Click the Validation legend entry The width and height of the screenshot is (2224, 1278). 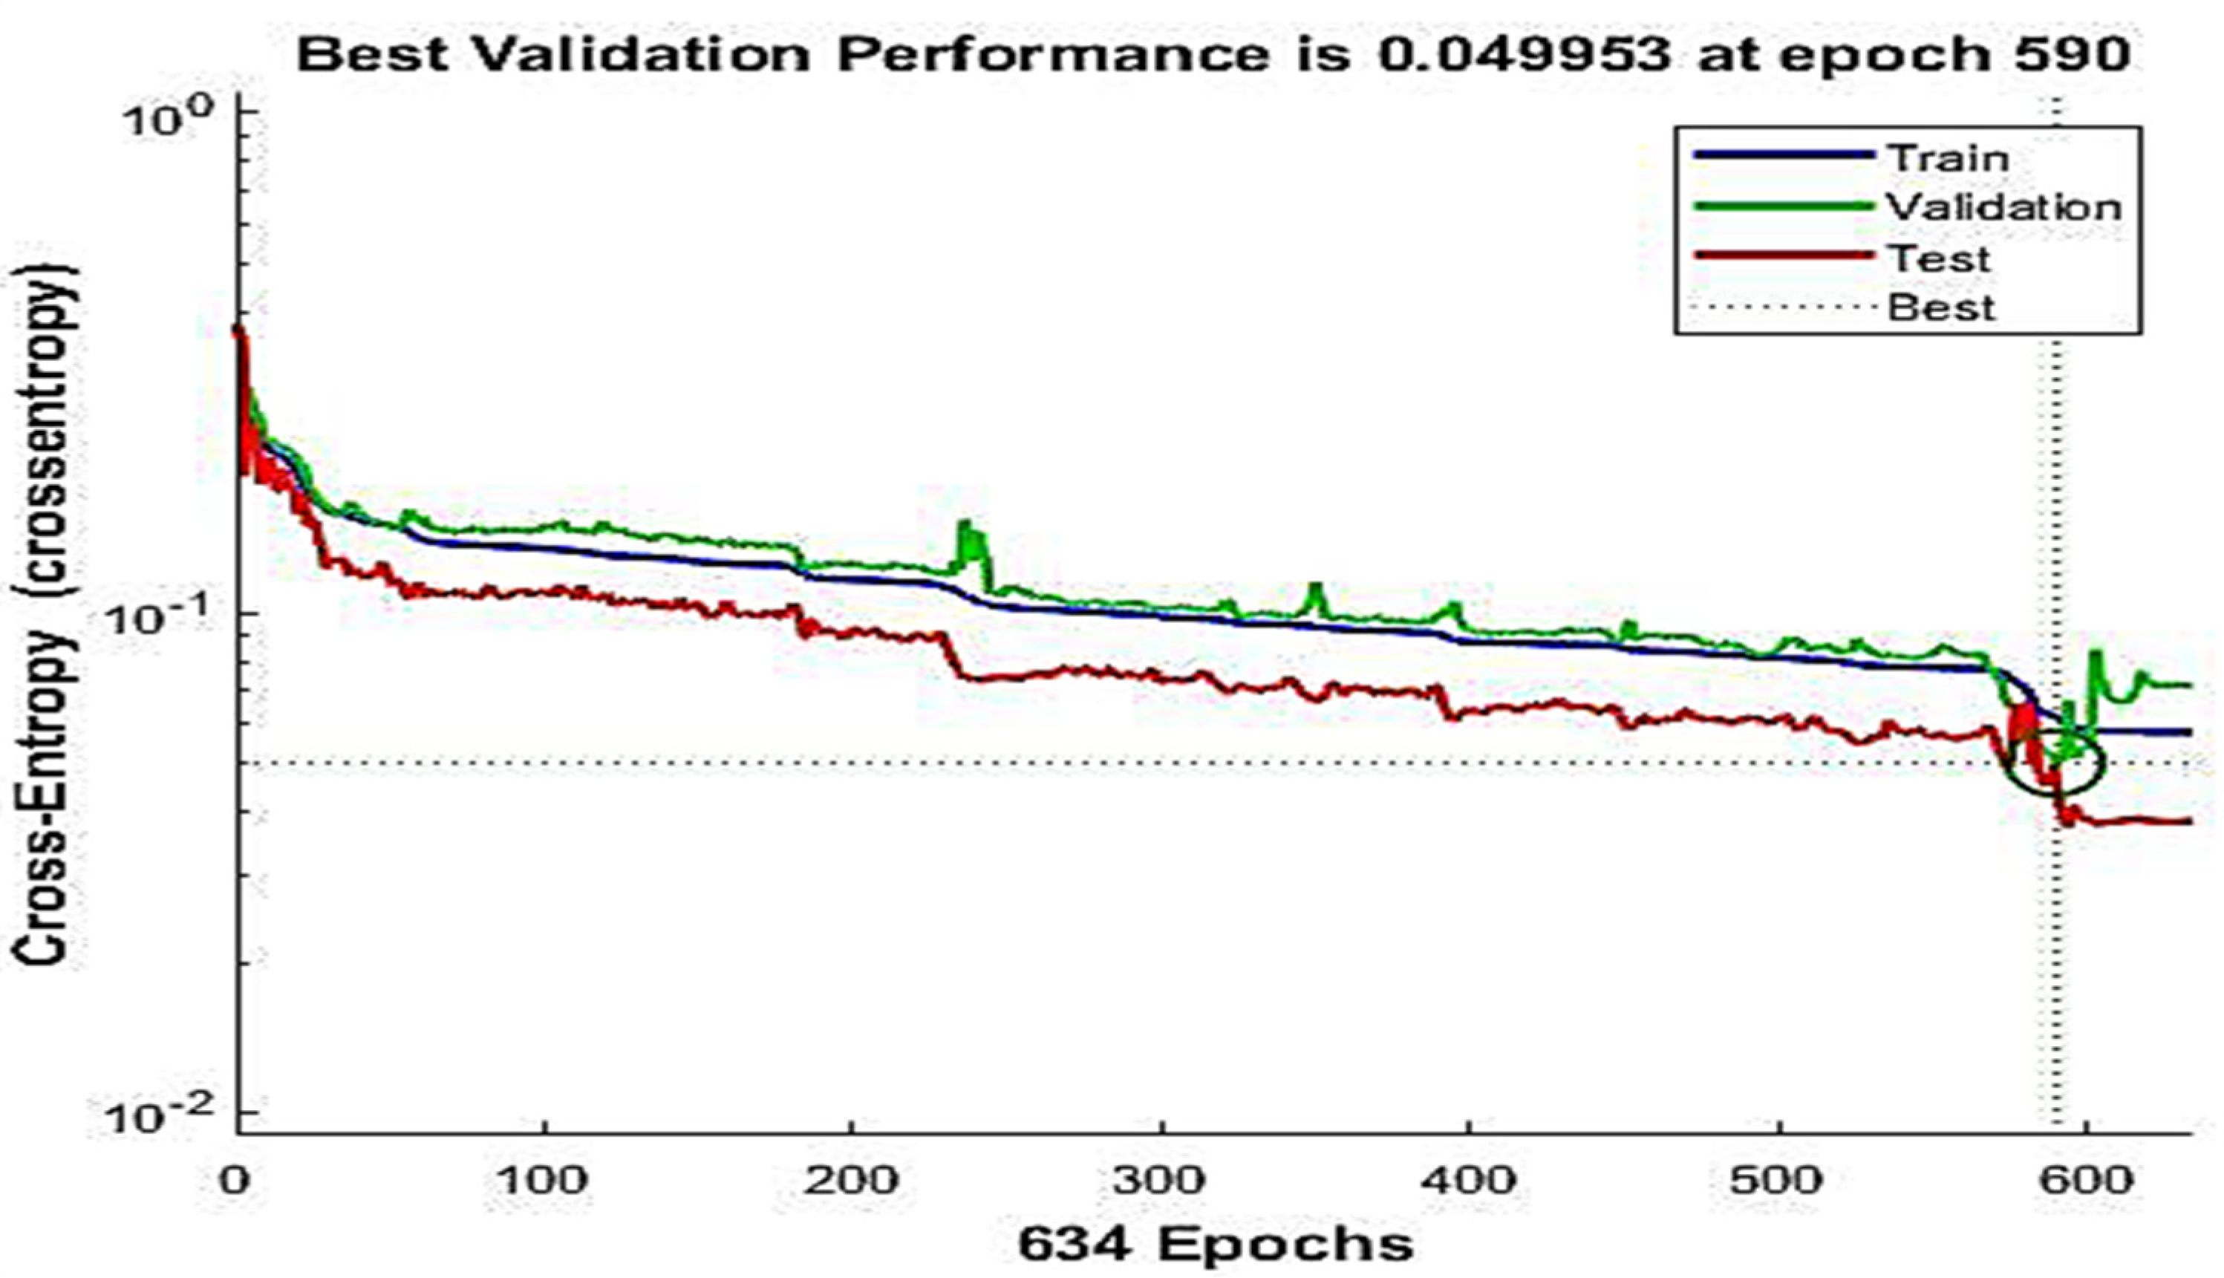pos(2003,207)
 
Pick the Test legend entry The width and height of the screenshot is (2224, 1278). pos(1938,258)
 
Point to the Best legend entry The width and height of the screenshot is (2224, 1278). pos(1940,308)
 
